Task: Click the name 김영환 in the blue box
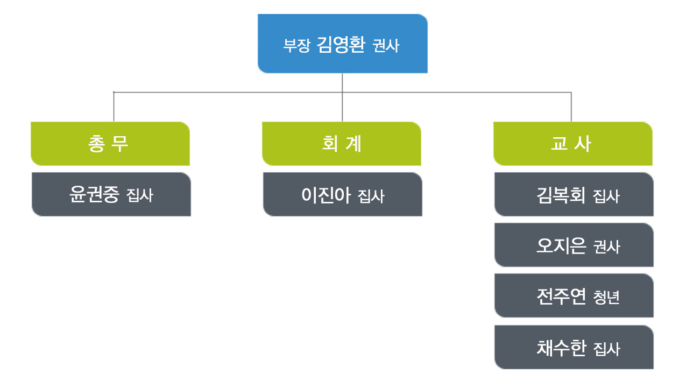[341, 45]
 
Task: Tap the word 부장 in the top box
[296, 46]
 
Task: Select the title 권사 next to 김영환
[386, 46]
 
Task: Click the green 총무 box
[110, 144]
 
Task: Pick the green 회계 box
[342, 144]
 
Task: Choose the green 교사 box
[572, 144]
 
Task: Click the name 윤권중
[94, 194]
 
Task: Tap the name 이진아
[326, 195]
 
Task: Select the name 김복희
[561, 195]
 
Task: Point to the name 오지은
[561, 245]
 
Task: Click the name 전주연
[561, 296]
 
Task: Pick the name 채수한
[561, 348]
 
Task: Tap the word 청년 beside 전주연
[606, 297]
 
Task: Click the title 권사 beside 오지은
[607, 247]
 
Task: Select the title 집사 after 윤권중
[140, 195]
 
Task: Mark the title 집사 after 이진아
[371, 196]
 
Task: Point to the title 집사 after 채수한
[607, 349]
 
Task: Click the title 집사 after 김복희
[606, 196]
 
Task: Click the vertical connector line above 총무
[114, 107]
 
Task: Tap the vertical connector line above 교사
[571, 107]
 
